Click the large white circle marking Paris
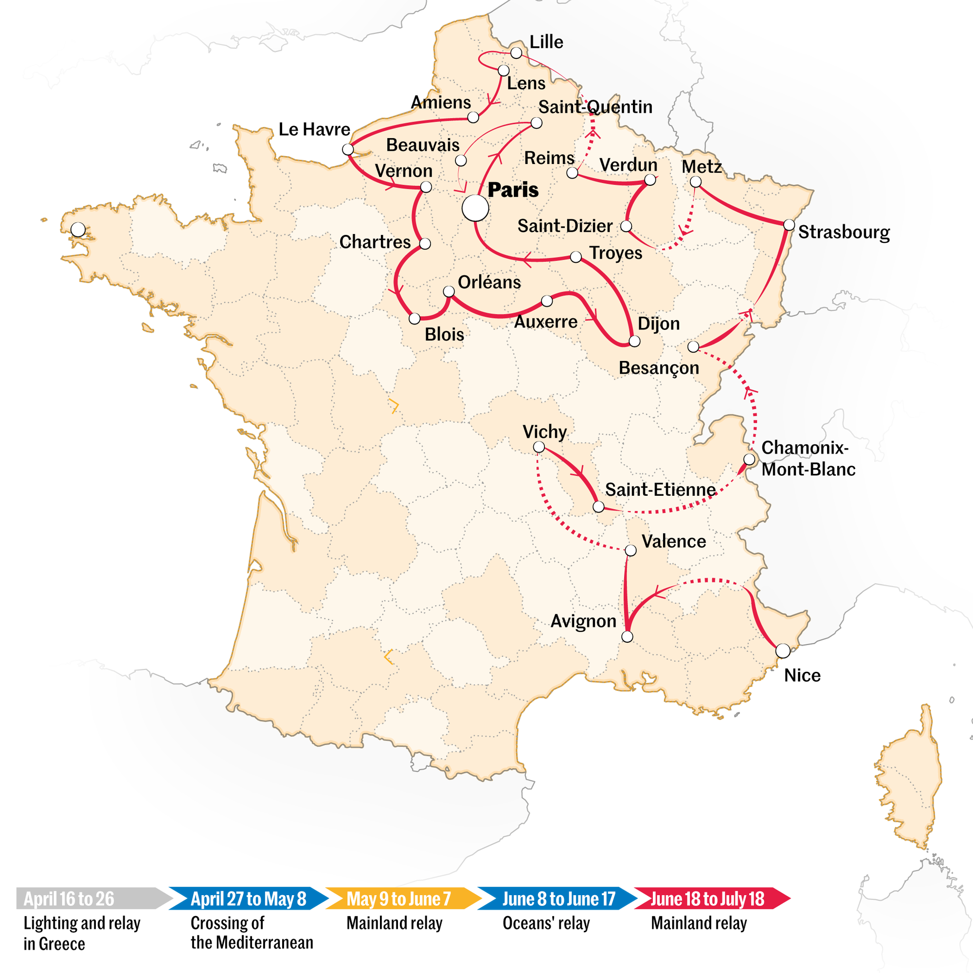point(475,208)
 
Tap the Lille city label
point(546,42)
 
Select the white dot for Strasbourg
point(789,225)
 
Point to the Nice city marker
point(783,650)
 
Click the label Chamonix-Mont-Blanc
point(807,458)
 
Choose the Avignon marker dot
point(627,636)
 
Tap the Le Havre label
point(314,129)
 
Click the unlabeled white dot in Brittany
point(78,230)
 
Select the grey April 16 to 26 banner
point(90,899)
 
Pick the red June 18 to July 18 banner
point(707,899)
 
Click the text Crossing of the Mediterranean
point(252,932)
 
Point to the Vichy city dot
point(539,447)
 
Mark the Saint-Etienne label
point(660,489)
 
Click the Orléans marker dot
point(449,291)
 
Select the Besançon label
point(658,368)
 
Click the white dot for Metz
point(696,182)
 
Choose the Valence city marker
point(631,550)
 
